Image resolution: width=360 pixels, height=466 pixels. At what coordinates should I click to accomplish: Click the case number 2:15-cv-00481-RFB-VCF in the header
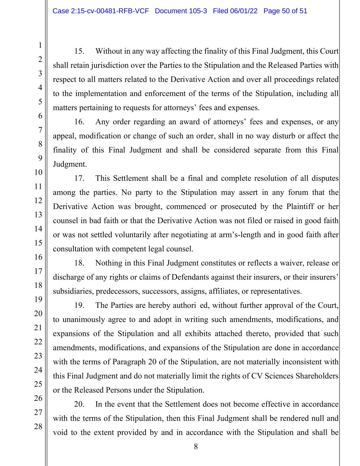(x=101, y=11)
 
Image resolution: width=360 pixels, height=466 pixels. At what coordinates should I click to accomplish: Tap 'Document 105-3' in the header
(x=181, y=11)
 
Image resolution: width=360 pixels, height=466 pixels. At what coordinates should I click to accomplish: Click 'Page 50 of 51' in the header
(x=285, y=11)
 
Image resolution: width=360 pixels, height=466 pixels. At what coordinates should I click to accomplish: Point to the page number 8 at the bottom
(x=196, y=447)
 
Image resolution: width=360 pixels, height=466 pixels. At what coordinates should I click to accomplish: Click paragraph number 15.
(x=79, y=51)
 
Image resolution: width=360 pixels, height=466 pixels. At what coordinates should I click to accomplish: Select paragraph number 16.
(x=79, y=122)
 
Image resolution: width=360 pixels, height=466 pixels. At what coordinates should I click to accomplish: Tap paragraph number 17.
(x=79, y=178)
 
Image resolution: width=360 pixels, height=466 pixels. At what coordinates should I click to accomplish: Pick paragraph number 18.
(x=79, y=263)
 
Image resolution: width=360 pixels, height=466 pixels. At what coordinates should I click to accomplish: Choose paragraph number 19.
(x=79, y=305)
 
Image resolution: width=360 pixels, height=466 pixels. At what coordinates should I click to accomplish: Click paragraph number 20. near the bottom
(x=79, y=404)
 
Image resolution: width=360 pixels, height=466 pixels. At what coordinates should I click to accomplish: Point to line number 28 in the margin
(x=38, y=426)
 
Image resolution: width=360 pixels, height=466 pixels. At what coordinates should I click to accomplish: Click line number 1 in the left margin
(x=40, y=45)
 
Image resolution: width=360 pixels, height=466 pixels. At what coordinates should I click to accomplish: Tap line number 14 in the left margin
(x=38, y=228)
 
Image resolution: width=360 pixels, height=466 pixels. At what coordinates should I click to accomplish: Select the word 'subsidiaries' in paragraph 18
(x=73, y=291)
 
